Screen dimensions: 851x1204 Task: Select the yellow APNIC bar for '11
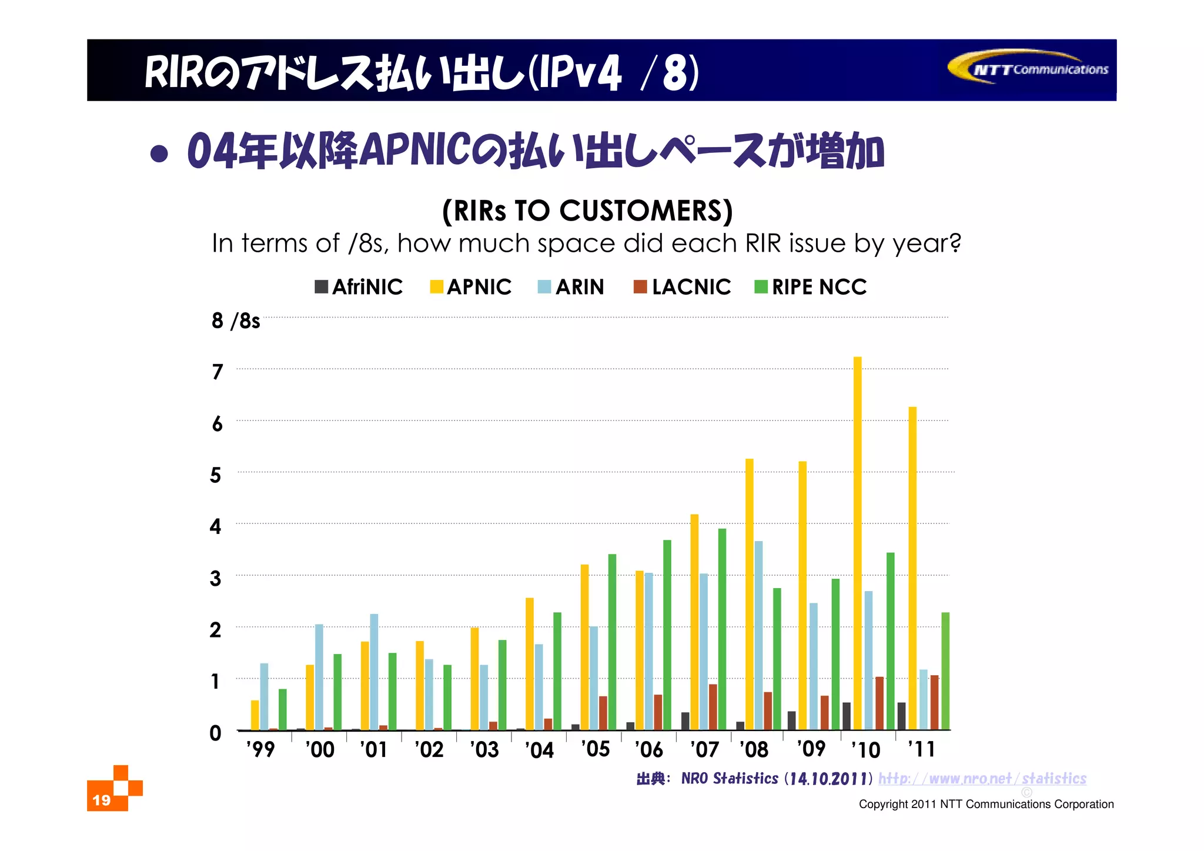tap(912, 568)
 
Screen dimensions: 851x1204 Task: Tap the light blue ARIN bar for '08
tap(758, 635)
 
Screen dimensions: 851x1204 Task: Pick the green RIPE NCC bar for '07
tap(722, 629)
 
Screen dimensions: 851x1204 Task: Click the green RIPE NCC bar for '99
tap(282, 709)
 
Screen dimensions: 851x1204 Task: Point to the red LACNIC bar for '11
tap(935, 703)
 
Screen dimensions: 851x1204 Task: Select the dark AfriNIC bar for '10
tap(847, 716)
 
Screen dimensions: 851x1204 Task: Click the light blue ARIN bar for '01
tap(374, 672)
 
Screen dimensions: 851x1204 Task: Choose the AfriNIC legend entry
tap(359, 287)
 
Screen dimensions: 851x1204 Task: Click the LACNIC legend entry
tap(682, 287)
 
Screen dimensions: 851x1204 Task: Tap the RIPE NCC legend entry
tap(811, 287)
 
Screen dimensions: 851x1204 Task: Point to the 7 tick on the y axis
tap(218, 372)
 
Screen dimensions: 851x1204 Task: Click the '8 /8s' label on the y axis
tap(235, 321)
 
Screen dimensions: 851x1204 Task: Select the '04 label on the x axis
tap(539, 750)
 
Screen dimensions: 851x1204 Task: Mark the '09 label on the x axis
tap(811, 749)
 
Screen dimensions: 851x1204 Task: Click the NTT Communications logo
tap(1029, 69)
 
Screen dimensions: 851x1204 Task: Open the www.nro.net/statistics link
tap(982, 779)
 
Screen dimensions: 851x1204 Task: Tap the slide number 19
tap(102, 800)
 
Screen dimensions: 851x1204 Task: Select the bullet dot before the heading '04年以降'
tap(159, 153)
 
